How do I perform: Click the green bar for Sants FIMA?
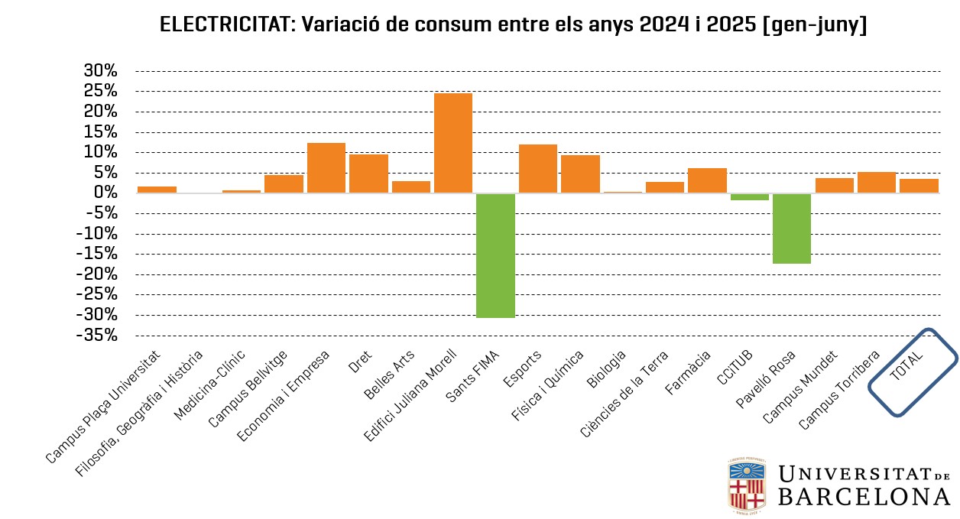coord(495,255)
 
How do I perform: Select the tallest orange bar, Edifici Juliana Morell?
coord(453,143)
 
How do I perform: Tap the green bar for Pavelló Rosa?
coord(792,229)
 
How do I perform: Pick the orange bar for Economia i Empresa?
coord(326,168)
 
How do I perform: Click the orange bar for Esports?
coord(538,169)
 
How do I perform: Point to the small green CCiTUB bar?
coord(749,197)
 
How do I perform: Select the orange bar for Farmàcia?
coord(707,180)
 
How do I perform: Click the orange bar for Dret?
coord(368,174)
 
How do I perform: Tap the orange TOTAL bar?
coord(919,186)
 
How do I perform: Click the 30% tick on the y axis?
coord(100,71)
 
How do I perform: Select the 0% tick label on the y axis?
coord(105,193)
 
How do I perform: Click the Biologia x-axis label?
coord(608,367)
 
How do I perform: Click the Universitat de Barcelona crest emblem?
coord(747,485)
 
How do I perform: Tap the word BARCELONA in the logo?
coord(864,497)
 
